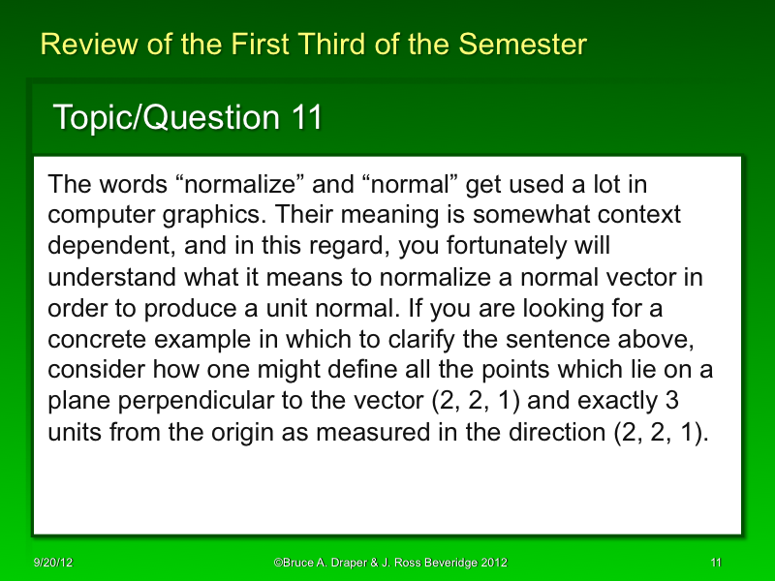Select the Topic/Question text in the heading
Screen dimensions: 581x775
point(166,118)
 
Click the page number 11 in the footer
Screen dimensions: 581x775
point(716,563)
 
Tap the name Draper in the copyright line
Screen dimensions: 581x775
point(348,563)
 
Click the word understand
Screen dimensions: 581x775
point(107,278)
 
